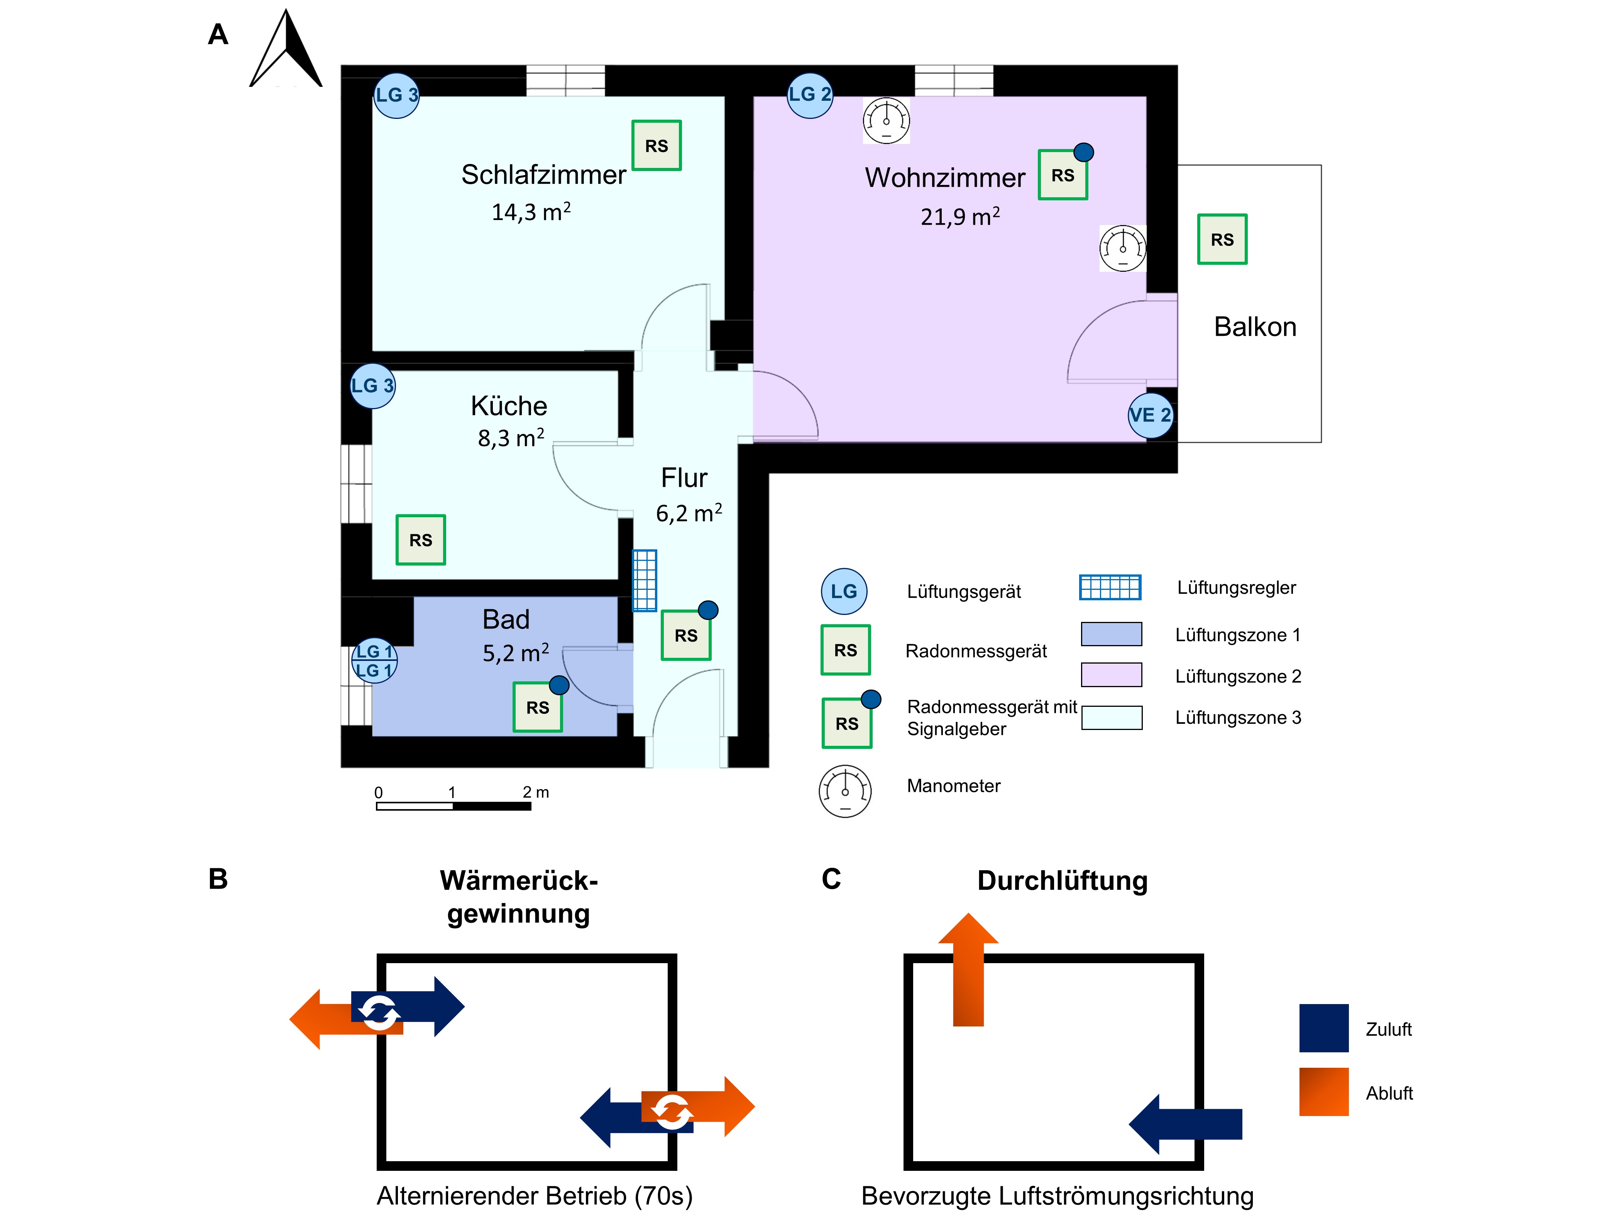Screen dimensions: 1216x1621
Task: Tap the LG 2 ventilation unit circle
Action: pyautogui.click(x=810, y=95)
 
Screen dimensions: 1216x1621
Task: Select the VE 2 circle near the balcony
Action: pyautogui.click(x=1150, y=416)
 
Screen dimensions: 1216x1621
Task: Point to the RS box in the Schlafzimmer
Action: pyautogui.click(x=657, y=146)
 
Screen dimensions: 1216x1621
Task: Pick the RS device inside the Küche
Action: pyautogui.click(x=421, y=540)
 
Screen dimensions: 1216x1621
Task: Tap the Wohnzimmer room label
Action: pyautogui.click(x=944, y=178)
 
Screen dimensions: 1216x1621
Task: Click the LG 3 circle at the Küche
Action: pyautogui.click(x=373, y=386)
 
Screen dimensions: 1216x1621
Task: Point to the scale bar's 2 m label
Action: pyautogui.click(x=536, y=793)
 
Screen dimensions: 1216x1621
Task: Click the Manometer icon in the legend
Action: pyautogui.click(x=845, y=792)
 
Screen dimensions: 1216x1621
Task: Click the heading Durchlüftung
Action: pyautogui.click(x=1062, y=880)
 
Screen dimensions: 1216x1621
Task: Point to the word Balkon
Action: pyautogui.click(x=1255, y=327)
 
